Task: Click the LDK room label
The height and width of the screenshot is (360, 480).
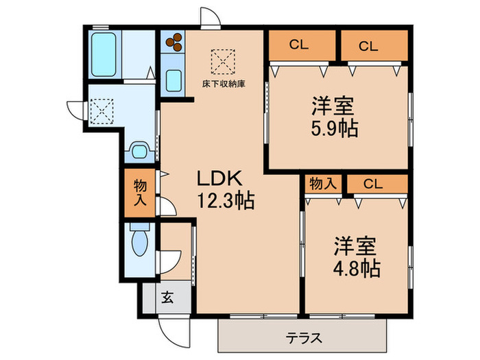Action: click(x=219, y=178)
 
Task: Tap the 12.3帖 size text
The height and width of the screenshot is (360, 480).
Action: click(x=226, y=201)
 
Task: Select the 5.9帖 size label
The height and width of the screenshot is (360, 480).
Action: click(x=335, y=128)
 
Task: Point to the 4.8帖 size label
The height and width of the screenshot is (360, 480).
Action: click(x=357, y=269)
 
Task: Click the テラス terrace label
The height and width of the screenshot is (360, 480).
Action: click(x=304, y=338)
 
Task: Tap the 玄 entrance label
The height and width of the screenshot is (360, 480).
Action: click(x=167, y=297)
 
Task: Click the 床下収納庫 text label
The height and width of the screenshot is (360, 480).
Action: click(x=224, y=84)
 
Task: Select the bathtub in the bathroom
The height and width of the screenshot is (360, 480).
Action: click(x=104, y=54)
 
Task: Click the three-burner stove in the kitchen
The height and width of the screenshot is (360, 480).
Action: click(x=173, y=42)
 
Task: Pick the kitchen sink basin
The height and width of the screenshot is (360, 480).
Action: click(x=173, y=80)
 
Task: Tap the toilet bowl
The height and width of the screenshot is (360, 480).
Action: click(x=140, y=239)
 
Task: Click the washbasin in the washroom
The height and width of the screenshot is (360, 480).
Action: click(x=139, y=151)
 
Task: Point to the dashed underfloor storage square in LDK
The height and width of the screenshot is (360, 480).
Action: click(x=223, y=62)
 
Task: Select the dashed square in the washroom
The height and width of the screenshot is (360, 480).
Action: click(x=102, y=111)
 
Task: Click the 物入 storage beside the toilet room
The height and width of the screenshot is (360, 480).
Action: click(x=140, y=193)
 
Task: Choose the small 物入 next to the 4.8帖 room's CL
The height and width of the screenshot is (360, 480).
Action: click(x=323, y=184)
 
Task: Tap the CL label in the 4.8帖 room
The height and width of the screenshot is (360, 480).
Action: click(x=373, y=184)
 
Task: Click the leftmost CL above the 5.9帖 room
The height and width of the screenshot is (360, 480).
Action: click(x=298, y=45)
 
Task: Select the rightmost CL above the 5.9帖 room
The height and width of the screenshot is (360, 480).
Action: click(x=368, y=47)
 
